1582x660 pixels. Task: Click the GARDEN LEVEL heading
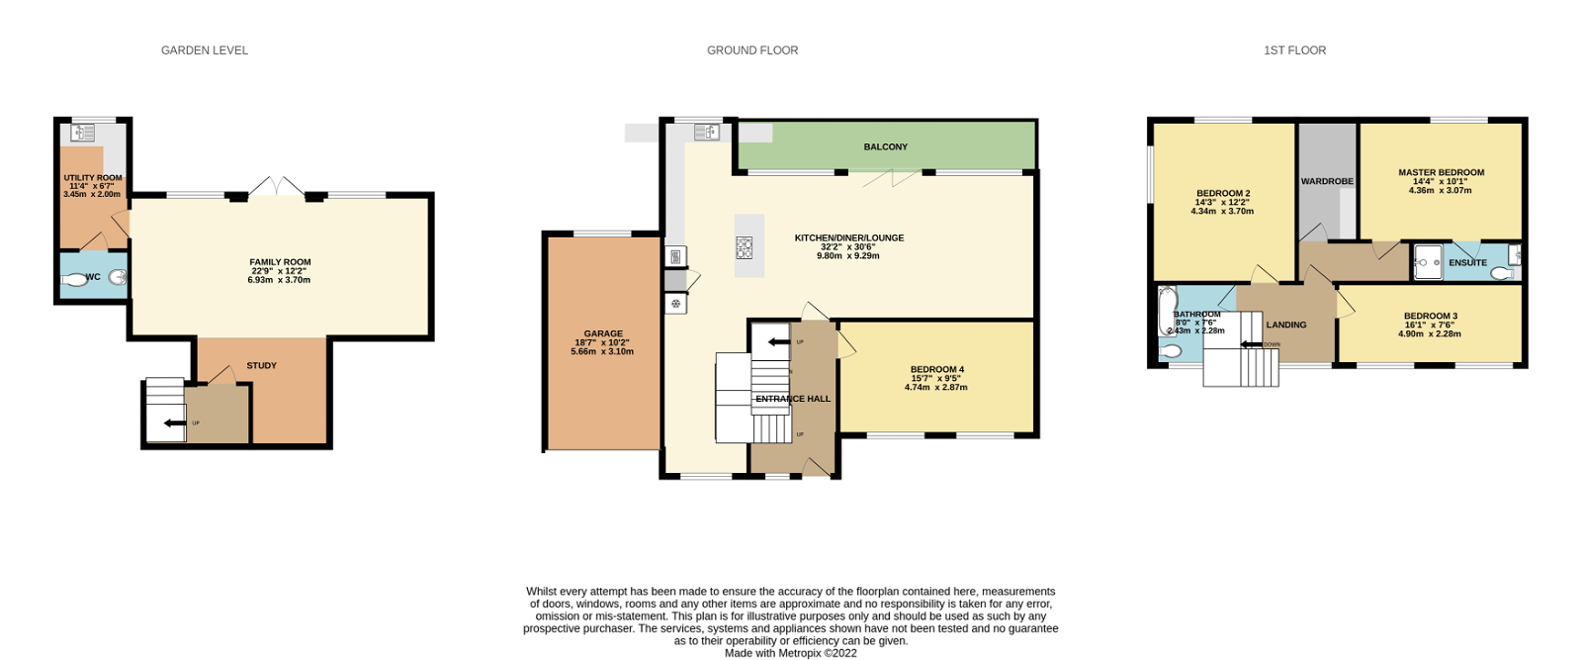click(x=205, y=50)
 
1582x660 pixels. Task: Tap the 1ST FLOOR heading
click(x=1294, y=50)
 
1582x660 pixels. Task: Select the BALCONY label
click(x=885, y=147)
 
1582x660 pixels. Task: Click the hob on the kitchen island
click(x=744, y=248)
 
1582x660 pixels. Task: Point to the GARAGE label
click(x=603, y=334)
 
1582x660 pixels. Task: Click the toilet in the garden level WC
click(x=75, y=280)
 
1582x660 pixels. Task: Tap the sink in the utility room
click(x=83, y=133)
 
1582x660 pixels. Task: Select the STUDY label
click(x=261, y=366)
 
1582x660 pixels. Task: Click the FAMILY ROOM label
click(x=280, y=263)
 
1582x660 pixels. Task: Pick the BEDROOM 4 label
click(x=936, y=370)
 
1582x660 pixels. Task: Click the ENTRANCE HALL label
click(x=793, y=400)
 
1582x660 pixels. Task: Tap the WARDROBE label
click(x=1327, y=182)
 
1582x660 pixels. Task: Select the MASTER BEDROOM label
click(x=1441, y=173)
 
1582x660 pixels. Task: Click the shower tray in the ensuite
click(x=1428, y=262)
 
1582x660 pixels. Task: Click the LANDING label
click(x=1286, y=326)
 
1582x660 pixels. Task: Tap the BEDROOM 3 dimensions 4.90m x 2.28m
click(x=1430, y=334)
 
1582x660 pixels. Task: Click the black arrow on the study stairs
click(x=174, y=424)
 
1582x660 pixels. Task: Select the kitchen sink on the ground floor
click(x=706, y=133)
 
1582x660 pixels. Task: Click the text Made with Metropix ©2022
click(x=791, y=653)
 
